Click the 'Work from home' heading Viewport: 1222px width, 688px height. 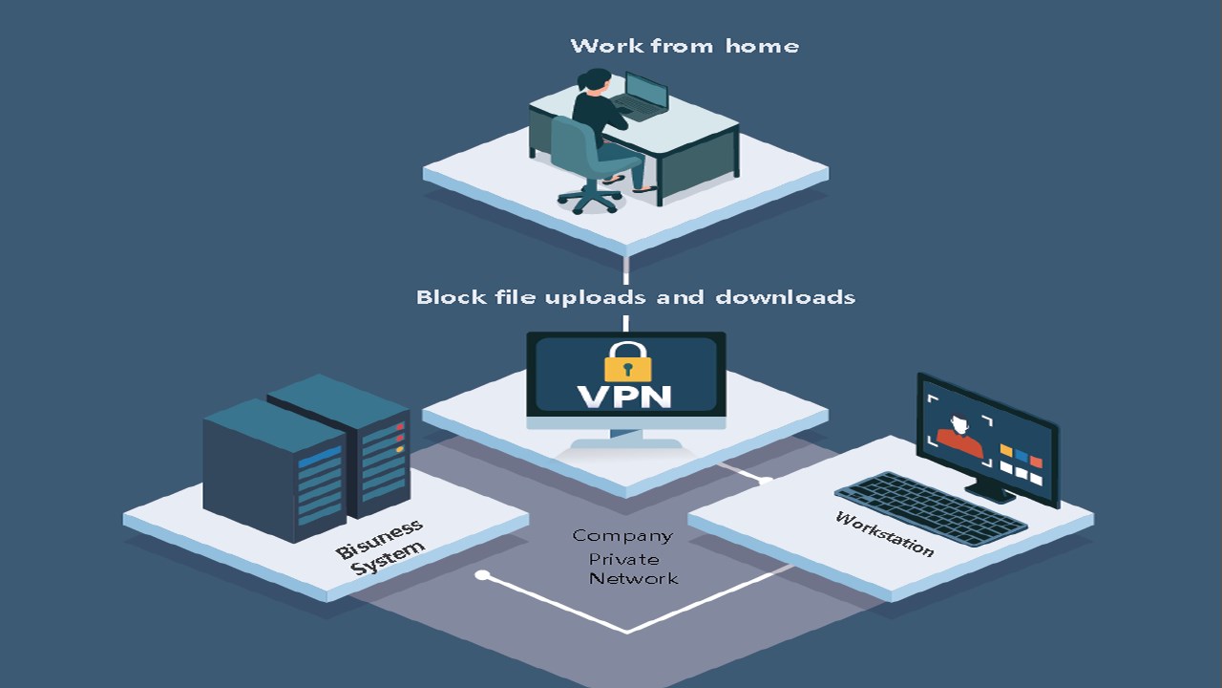tap(685, 45)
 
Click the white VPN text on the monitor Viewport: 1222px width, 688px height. tap(626, 396)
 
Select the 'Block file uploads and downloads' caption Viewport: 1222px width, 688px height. tap(635, 297)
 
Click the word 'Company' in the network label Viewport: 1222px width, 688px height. tap(622, 536)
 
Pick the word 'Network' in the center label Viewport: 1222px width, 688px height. tap(633, 579)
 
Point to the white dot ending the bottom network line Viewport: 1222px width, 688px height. tap(482, 575)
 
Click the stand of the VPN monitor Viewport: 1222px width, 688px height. tap(626, 440)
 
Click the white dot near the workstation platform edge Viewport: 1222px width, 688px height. tap(766, 479)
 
